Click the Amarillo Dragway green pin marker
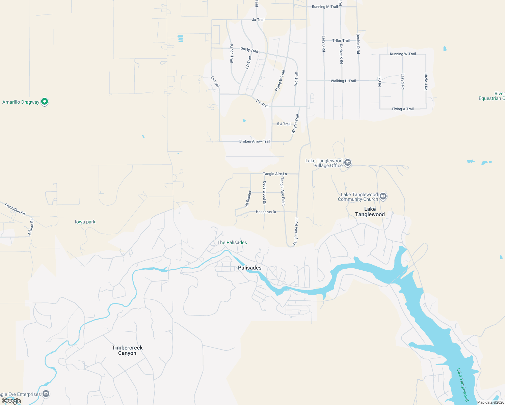(45, 101)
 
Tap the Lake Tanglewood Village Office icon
(348, 163)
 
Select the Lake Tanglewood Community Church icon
(383, 196)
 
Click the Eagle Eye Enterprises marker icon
(46, 394)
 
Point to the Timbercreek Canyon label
(127, 350)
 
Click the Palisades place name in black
(250, 268)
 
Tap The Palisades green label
(232, 242)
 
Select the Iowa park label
(85, 222)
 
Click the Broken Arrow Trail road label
(255, 141)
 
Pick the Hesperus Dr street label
(266, 212)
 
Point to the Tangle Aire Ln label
(275, 174)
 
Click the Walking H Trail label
(343, 81)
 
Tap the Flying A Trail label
(403, 109)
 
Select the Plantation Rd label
(15, 209)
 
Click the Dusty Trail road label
(249, 50)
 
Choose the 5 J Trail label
(284, 124)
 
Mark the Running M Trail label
(325, 7)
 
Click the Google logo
(11, 401)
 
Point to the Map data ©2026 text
(490, 402)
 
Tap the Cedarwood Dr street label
(264, 193)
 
